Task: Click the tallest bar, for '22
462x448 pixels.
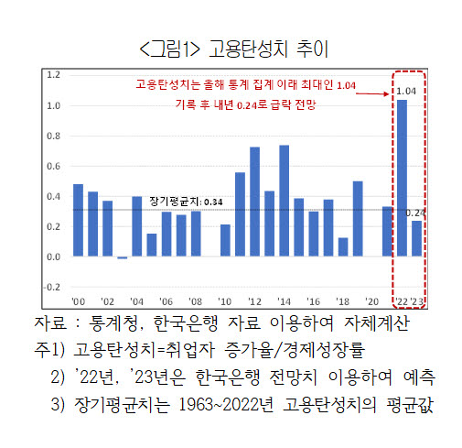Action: tap(402, 178)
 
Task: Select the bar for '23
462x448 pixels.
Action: tap(416, 238)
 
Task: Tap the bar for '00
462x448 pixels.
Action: tap(78, 220)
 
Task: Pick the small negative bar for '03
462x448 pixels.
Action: tap(123, 257)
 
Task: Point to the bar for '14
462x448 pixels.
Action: tap(285, 201)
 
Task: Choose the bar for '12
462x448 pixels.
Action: tap(254, 202)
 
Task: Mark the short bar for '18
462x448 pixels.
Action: tap(343, 246)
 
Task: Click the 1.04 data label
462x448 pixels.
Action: tap(406, 91)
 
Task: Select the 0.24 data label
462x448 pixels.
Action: tap(415, 213)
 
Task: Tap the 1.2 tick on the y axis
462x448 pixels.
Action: tap(53, 74)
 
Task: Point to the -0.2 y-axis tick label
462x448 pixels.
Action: tap(52, 287)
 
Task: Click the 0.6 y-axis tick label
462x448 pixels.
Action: tap(53, 166)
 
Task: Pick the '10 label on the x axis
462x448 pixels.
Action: tap(225, 301)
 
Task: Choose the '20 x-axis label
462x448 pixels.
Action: tap(371, 301)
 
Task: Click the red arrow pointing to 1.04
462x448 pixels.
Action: tap(372, 93)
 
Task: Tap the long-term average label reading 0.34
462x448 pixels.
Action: tap(186, 202)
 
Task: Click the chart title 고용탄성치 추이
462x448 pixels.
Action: tap(268, 49)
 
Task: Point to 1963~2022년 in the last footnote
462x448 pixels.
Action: tap(226, 405)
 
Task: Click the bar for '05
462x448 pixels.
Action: tap(152, 245)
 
